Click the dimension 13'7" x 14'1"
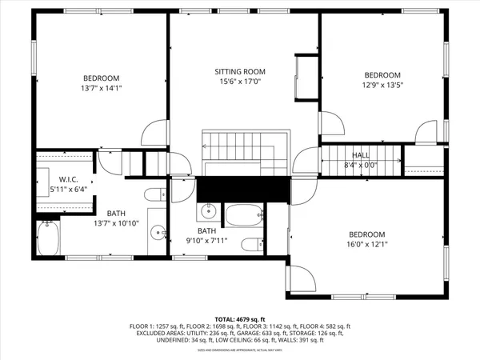point(101,88)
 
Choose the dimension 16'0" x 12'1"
point(366,245)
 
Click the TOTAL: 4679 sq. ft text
point(239,318)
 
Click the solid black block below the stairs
point(242,190)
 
